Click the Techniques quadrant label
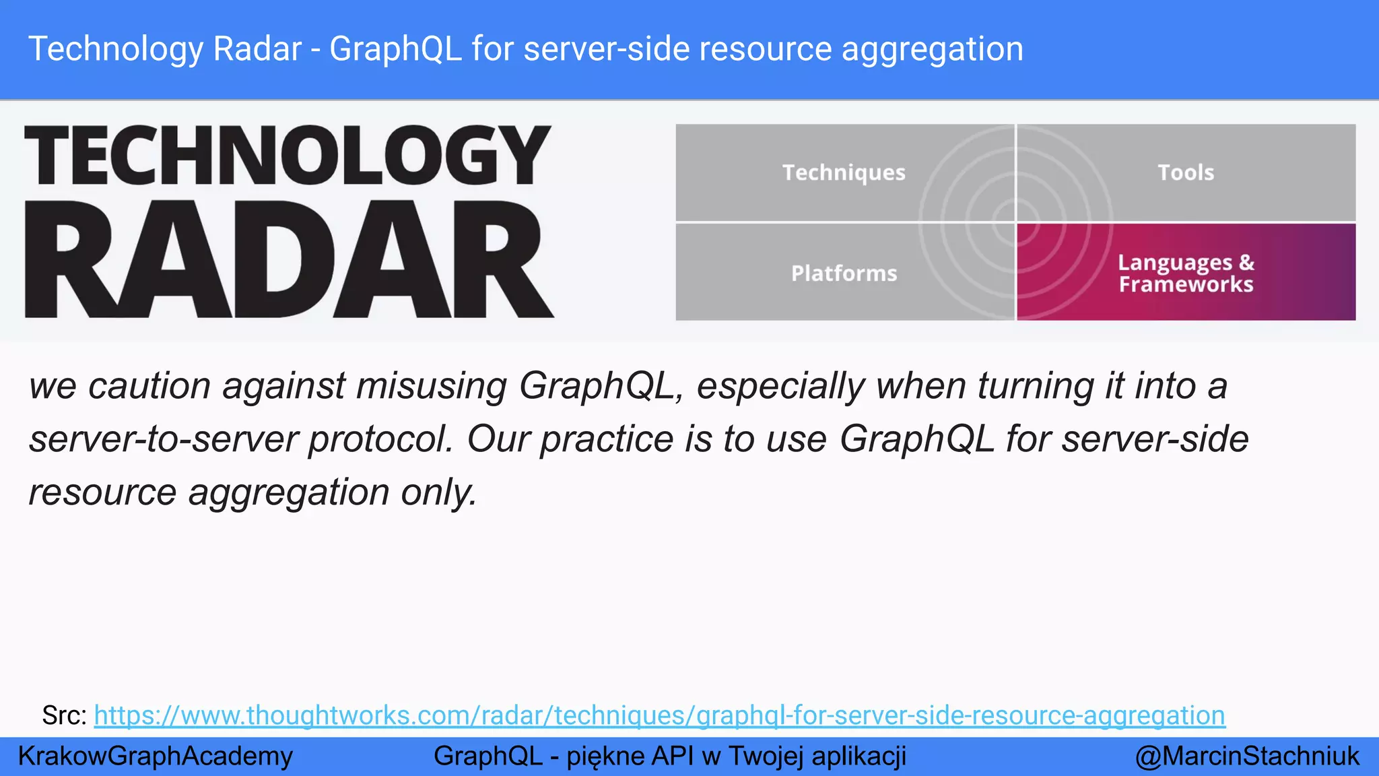point(843,172)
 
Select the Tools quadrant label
point(1185,172)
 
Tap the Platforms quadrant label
point(844,273)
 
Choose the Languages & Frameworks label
point(1185,273)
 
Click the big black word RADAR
point(290,259)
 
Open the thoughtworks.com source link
point(659,715)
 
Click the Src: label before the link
point(64,715)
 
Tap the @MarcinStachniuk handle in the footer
point(1247,756)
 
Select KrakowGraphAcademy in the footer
point(156,756)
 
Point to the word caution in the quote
point(149,386)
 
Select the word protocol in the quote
point(380,440)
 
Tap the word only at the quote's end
point(438,492)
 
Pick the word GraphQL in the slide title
point(395,50)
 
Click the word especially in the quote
point(780,387)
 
